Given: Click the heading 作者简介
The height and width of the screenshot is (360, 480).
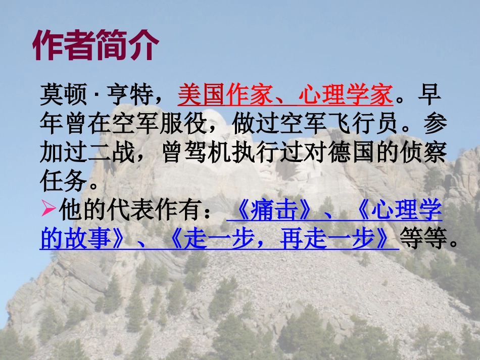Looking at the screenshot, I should (95, 46).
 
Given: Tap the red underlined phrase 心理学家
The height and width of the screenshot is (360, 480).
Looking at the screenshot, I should (346, 95).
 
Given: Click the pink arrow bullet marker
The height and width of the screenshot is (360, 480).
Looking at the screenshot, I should (49, 210).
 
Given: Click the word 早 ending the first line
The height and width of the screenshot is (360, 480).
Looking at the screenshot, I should (431, 95).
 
